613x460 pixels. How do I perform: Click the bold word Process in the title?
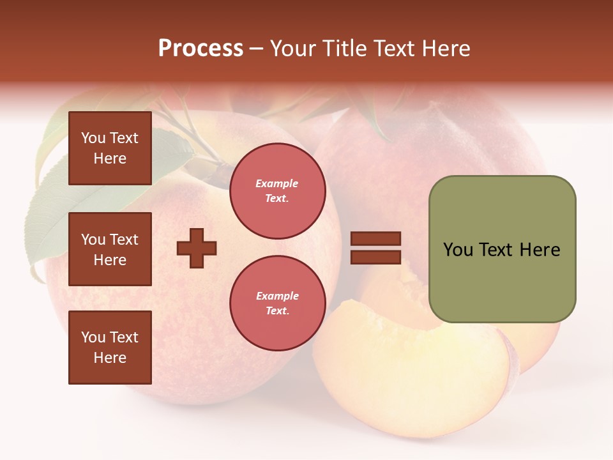(201, 49)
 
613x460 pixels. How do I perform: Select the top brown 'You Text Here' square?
(110, 148)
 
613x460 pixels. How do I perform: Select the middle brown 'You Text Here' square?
(110, 249)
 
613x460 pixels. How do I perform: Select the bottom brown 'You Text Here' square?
(110, 347)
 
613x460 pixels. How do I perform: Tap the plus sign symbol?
(197, 248)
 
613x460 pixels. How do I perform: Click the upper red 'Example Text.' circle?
(277, 191)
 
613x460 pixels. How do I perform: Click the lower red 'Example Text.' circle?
(277, 303)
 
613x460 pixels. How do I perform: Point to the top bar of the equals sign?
(375, 239)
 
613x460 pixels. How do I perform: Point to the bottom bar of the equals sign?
(375, 257)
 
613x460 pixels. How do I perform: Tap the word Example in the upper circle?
(277, 183)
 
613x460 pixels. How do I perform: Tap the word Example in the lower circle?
(277, 296)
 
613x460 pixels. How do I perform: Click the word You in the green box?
(458, 250)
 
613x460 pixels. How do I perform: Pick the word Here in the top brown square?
(110, 158)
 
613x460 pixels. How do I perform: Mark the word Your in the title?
(294, 49)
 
